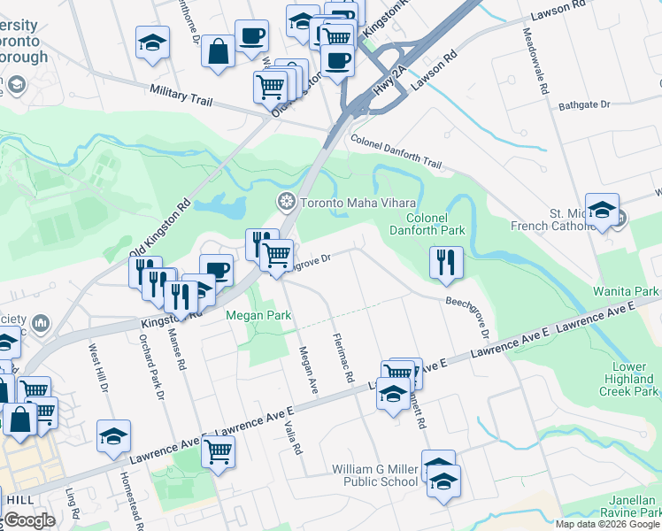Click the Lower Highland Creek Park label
629,379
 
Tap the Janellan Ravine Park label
625,504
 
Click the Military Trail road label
188,95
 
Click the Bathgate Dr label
584,105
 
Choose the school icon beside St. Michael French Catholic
602,210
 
